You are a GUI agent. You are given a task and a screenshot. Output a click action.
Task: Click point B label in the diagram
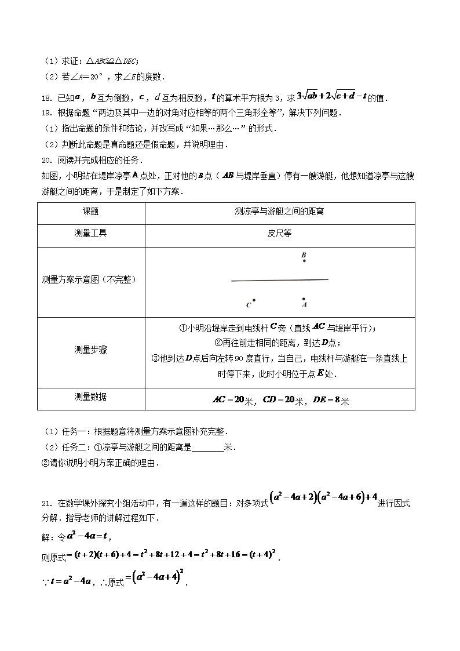pos(304,254)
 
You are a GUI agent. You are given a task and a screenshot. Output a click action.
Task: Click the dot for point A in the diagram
pos(304,299)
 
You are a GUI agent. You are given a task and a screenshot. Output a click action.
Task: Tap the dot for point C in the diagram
pos(254,300)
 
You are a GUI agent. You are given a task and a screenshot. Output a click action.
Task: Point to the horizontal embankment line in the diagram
pos(279,280)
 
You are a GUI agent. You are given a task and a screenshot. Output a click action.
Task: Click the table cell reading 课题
pos(91,212)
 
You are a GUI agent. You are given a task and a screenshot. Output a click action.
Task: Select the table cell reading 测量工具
pos(91,233)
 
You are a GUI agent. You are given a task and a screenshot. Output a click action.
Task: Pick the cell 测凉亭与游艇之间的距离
pos(279,212)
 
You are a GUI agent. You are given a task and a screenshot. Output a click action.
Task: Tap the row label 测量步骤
pos(91,350)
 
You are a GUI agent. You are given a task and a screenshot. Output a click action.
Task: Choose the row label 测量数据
pos(91,397)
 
